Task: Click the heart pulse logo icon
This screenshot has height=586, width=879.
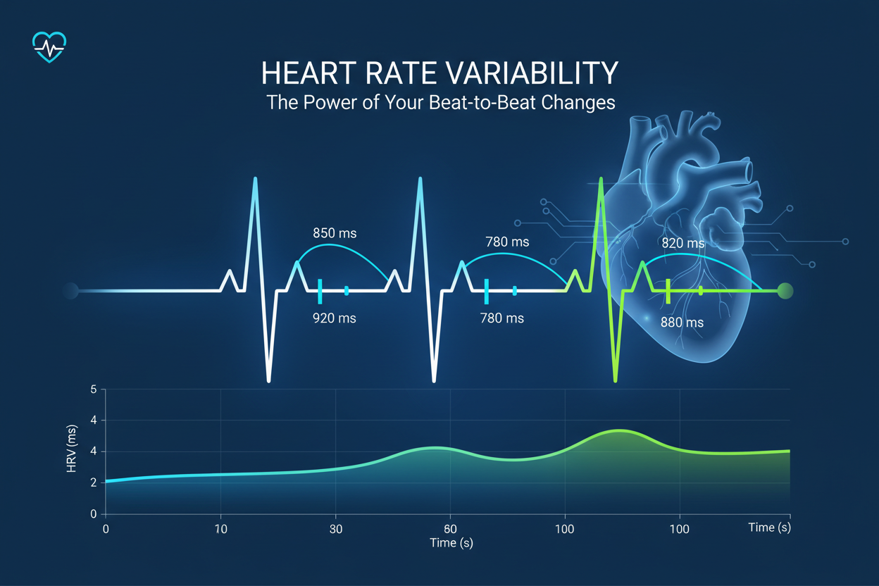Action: [x=49, y=47]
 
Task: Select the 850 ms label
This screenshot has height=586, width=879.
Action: [x=335, y=233]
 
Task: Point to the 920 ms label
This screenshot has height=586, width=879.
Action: [x=334, y=318]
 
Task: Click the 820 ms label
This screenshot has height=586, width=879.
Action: [x=682, y=243]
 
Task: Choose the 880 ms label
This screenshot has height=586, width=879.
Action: [x=682, y=323]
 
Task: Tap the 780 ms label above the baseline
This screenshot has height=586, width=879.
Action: [x=507, y=242]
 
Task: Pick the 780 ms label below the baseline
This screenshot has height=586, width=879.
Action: [x=501, y=318]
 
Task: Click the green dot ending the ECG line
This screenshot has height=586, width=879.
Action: [x=785, y=290]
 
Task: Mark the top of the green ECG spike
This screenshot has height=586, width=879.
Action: [x=601, y=180]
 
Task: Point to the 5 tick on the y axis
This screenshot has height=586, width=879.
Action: [x=94, y=389]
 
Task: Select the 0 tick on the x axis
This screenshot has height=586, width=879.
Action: [x=106, y=528]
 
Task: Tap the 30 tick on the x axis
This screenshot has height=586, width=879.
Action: [x=336, y=528]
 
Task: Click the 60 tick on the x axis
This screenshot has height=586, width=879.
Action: [x=451, y=528]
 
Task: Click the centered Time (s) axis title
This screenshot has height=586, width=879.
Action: [x=451, y=542]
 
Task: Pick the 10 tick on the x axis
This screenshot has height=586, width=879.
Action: [x=220, y=528]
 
